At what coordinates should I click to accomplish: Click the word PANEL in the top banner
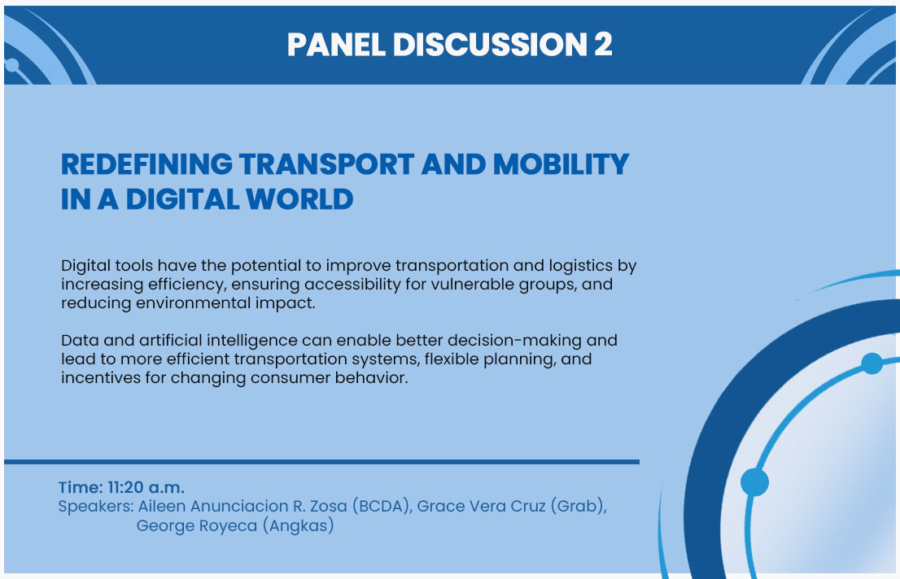(x=336, y=44)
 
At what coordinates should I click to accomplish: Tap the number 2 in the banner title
(x=603, y=44)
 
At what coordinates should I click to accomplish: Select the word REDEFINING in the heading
(x=146, y=164)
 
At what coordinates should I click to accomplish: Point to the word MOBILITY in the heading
(x=561, y=164)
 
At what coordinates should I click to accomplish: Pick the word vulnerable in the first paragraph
(x=473, y=284)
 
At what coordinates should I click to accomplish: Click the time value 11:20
(x=125, y=487)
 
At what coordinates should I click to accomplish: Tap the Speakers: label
(x=96, y=507)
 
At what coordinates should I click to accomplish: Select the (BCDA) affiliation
(x=382, y=506)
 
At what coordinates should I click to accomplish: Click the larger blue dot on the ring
(x=754, y=482)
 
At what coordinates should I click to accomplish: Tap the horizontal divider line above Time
(x=321, y=461)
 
